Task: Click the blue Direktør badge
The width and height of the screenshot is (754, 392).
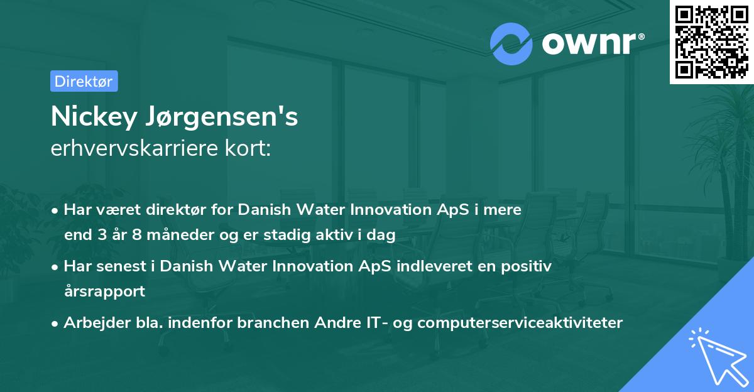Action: pyautogui.click(x=84, y=81)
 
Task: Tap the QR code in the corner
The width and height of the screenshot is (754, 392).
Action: pyautogui.click(x=711, y=42)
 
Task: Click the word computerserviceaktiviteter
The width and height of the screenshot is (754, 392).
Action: pyautogui.click(x=520, y=323)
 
